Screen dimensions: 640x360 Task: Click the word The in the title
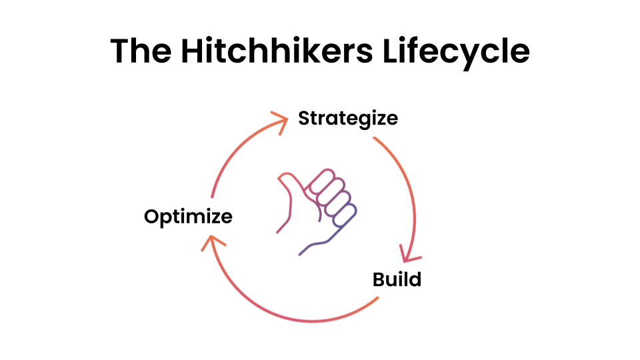141,51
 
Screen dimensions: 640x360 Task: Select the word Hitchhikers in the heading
277,51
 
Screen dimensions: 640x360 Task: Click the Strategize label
348,119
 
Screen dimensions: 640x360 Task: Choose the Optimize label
188,217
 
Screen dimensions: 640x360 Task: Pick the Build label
397,279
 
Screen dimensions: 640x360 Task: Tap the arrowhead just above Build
409,254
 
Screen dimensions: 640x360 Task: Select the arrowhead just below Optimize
212,243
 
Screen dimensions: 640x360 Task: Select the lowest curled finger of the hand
345,215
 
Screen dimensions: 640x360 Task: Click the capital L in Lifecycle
391,51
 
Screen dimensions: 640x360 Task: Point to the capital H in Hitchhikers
192,51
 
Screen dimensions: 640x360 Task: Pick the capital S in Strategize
305,118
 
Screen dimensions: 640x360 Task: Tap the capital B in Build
379,279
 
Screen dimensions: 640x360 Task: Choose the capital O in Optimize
152,216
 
